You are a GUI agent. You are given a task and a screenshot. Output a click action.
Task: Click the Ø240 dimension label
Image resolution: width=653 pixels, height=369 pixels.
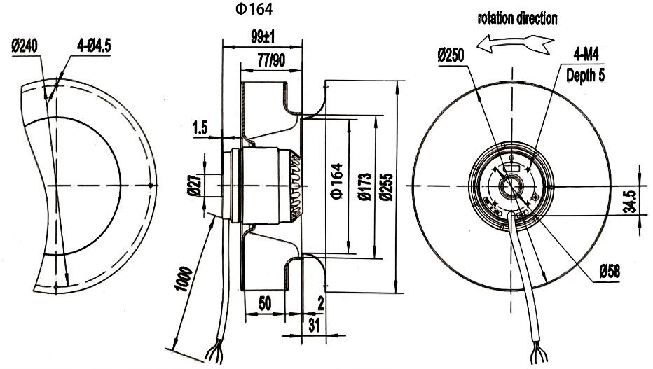tap(25, 46)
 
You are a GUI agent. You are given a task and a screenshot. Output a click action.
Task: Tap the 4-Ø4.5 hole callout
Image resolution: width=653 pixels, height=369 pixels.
tap(94, 46)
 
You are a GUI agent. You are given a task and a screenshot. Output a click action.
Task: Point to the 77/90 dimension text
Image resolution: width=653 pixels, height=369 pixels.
tap(272, 60)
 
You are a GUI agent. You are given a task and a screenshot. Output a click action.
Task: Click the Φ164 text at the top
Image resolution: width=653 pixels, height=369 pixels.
tap(254, 9)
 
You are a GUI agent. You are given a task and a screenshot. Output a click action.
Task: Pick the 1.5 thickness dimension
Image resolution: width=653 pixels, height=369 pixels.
tap(200, 127)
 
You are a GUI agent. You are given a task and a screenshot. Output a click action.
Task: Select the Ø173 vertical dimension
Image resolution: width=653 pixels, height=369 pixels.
tap(365, 187)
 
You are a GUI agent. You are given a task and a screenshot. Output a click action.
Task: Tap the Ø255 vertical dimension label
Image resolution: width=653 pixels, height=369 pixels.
tap(387, 187)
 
